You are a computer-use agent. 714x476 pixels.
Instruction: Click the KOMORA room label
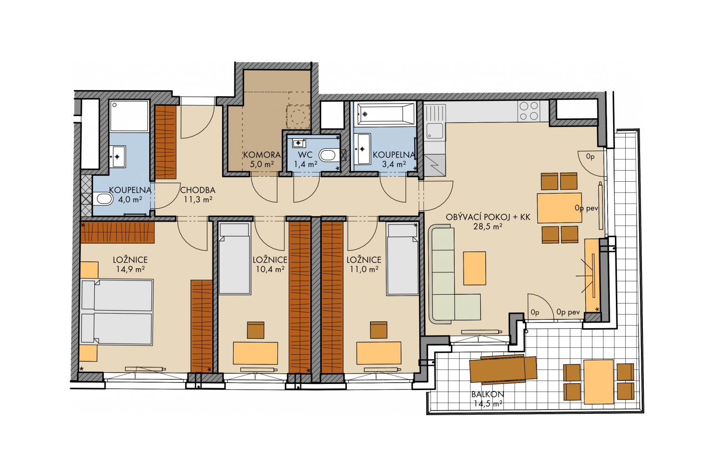click(x=262, y=155)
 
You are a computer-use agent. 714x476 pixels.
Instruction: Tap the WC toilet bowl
click(x=328, y=155)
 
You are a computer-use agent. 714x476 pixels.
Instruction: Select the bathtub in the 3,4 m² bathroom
click(x=386, y=114)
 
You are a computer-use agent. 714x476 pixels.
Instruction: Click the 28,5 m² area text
click(x=488, y=226)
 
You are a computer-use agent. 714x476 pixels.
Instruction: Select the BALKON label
click(x=488, y=394)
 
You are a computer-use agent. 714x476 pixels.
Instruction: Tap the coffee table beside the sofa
click(x=475, y=268)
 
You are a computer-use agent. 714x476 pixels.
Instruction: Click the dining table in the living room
click(x=559, y=208)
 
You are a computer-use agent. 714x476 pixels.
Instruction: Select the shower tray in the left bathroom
click(x=129, y=116)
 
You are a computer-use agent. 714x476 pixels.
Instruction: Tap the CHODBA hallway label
click(x=198, y=190)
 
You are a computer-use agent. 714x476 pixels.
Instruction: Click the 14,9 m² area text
click(x=130, y=269)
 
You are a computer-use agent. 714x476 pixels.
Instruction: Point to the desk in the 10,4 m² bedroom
click(x=255, y=353)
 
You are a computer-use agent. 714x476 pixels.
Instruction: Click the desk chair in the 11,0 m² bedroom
click(x=379, y=330)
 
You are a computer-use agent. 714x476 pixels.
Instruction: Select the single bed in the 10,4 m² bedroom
click(x=235, y=258)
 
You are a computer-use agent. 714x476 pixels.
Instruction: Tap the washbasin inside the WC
click(x=299, y=143)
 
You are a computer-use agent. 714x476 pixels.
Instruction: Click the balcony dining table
click(x=599, y=382)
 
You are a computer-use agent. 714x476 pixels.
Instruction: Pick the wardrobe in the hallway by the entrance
click(x=166, y=142)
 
